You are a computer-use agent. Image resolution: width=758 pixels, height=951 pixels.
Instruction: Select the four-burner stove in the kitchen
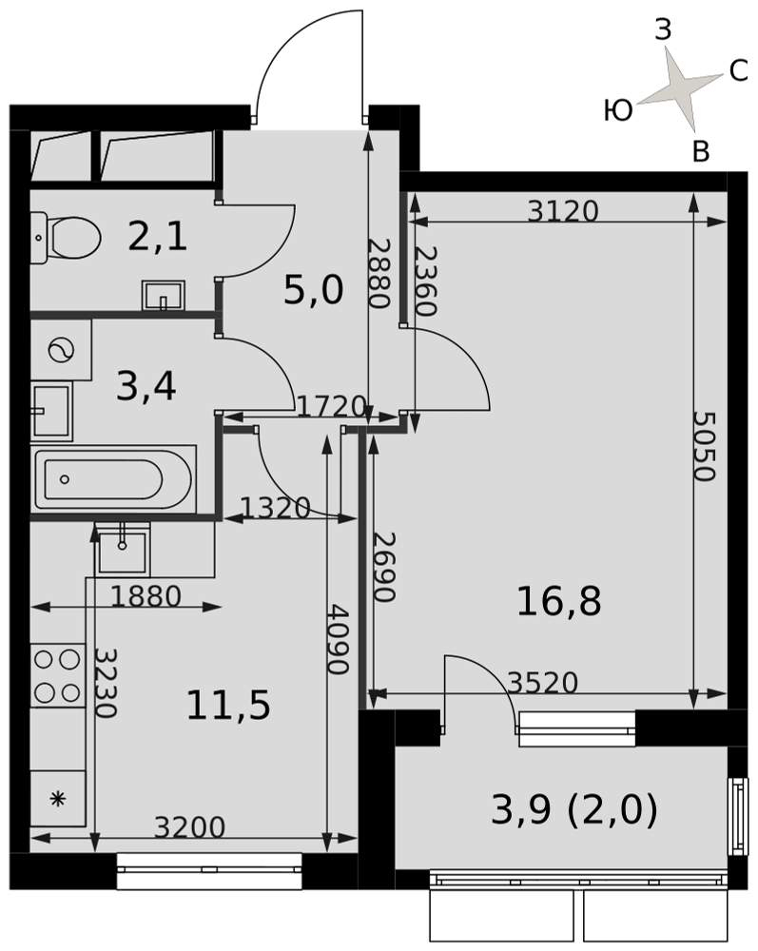tap(58, 675)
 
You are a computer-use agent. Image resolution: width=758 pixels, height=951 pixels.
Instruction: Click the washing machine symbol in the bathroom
tap(61, 350)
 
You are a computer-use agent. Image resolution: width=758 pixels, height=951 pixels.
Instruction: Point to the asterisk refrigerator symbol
tap(58, 799)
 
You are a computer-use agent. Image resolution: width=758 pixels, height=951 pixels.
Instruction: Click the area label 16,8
tap(558, 601)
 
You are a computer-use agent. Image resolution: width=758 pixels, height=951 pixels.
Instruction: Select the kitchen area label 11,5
tap(228, 706)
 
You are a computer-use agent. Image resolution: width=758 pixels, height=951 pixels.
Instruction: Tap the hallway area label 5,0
tap(314, 290)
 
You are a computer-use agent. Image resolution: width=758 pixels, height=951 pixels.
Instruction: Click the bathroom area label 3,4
tap(146, 387)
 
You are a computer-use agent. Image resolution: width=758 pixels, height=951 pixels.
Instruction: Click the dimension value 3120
tap(563, 211)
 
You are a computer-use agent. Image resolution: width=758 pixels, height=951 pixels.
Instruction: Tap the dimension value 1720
tap(332, 406)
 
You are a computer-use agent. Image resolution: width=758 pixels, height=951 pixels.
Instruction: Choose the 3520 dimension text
tap(543, 683)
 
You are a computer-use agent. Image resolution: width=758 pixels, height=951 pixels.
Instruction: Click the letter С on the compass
tap(738, 71)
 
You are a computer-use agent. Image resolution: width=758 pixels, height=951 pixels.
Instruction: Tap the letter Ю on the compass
tap(618, 111)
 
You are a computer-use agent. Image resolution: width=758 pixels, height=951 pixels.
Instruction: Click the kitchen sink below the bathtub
tap(123, 549)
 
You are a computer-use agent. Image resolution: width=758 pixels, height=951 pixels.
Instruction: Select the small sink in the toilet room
tap(164, 296)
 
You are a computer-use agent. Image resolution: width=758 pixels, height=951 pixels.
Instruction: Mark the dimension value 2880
tap(379, 273)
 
